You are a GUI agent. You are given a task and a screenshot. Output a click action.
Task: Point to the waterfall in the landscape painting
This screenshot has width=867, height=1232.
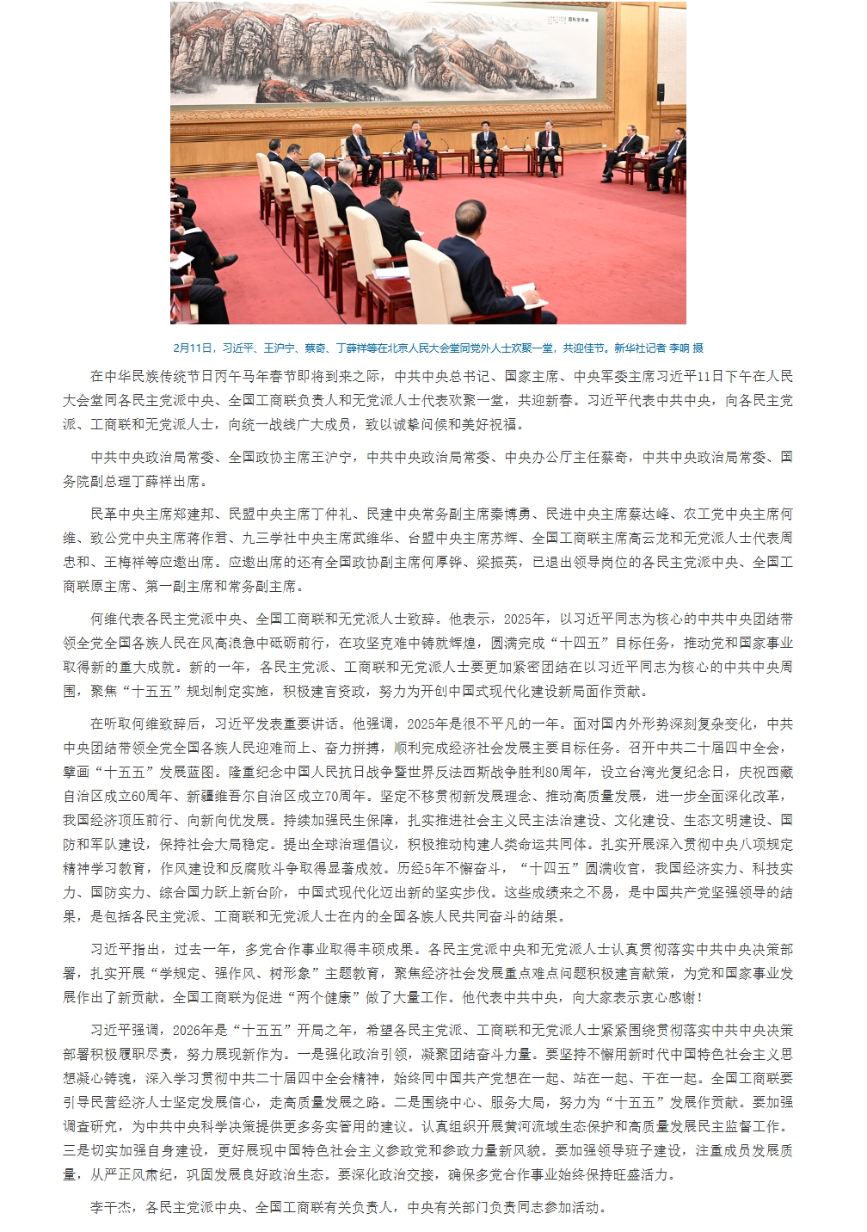[416, 73]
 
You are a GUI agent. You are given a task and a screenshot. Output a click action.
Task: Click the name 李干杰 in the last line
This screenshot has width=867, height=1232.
[111, 1207]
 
